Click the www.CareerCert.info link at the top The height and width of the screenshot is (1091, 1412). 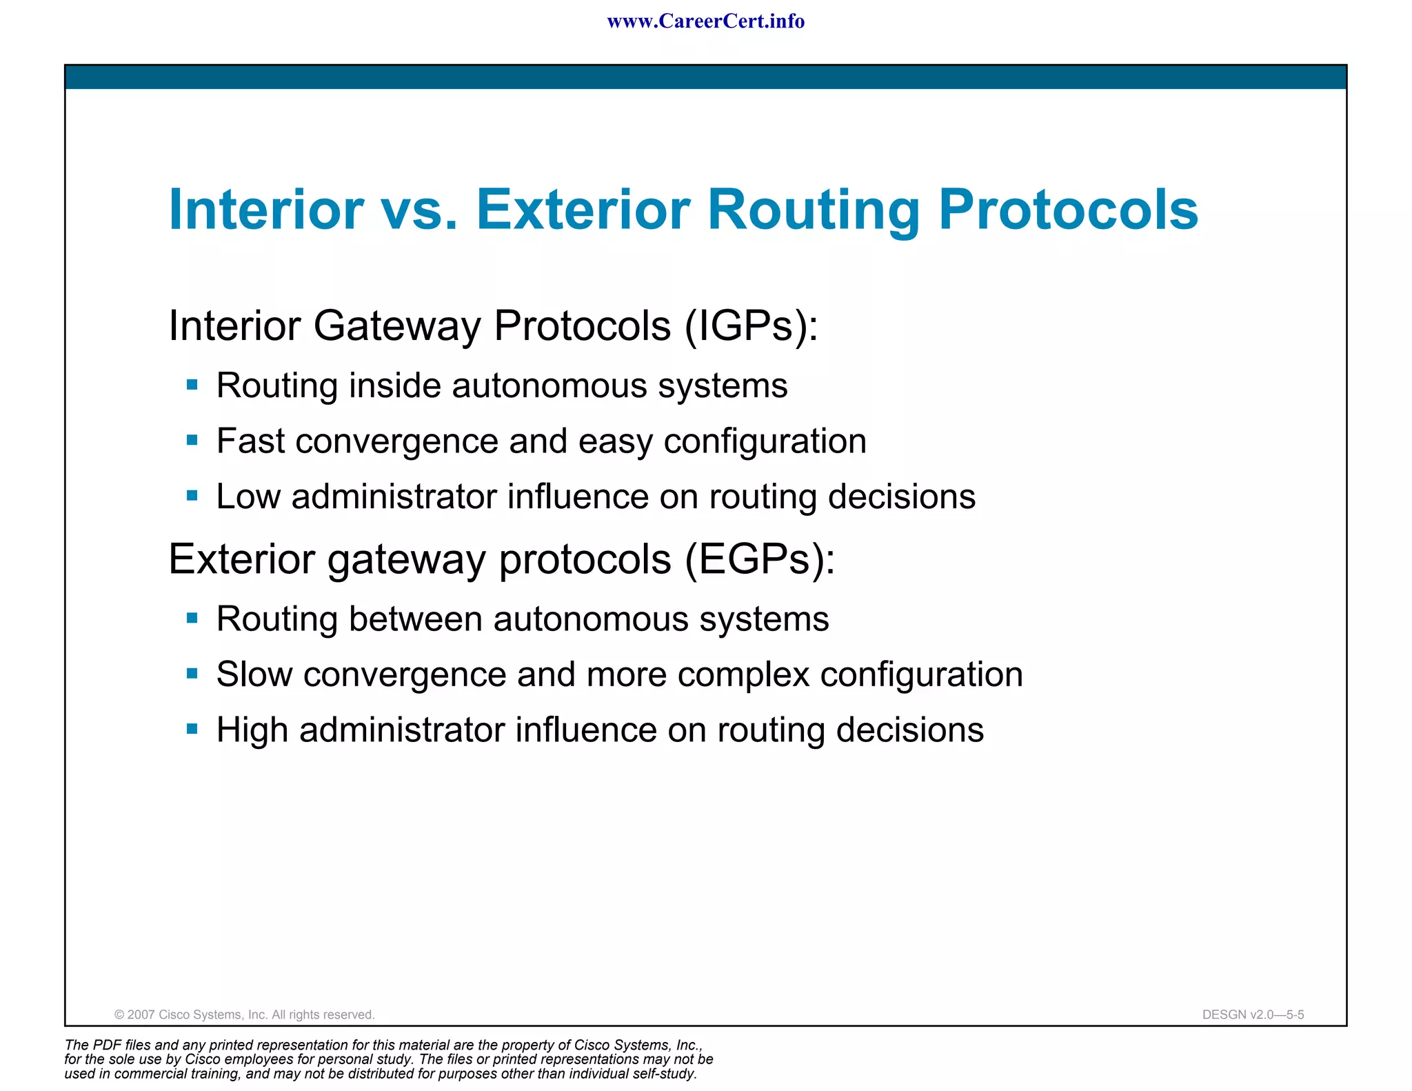coord(705,21)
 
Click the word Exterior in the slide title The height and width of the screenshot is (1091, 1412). coord(583,210)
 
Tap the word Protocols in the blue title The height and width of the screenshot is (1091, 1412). coord(1068,210)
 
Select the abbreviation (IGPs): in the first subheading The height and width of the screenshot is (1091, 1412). coord(751,326)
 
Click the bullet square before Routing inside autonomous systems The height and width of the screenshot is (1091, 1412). coord(192,385)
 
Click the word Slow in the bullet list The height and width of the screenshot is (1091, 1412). coord(254,674)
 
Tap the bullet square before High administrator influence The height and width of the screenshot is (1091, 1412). coord(192,729)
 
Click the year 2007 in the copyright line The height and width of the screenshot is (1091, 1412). coord(141,1014)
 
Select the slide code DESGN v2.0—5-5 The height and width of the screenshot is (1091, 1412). coord(1253,1014)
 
